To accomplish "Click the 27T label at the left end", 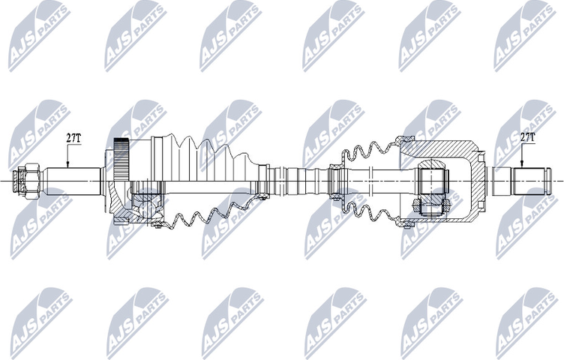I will tap(73, 138).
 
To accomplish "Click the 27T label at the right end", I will tap(526, 138).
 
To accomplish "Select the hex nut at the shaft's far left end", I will tap(27, 180).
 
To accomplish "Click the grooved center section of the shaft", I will tap(300, 181).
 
